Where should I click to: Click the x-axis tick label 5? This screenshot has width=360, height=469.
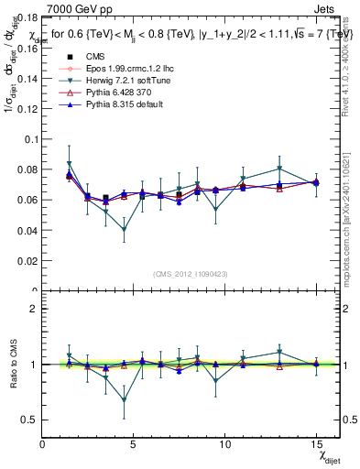click(135, 443)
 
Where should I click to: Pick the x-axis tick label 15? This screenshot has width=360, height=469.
click(315, 443)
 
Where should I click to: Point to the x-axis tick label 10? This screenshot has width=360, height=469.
click(224, 443)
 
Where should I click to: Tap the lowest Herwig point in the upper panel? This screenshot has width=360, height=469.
click(125, 230)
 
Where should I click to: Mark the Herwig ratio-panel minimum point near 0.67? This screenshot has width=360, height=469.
click(125, 400)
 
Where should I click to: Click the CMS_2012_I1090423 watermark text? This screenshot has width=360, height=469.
click(190, 271)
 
